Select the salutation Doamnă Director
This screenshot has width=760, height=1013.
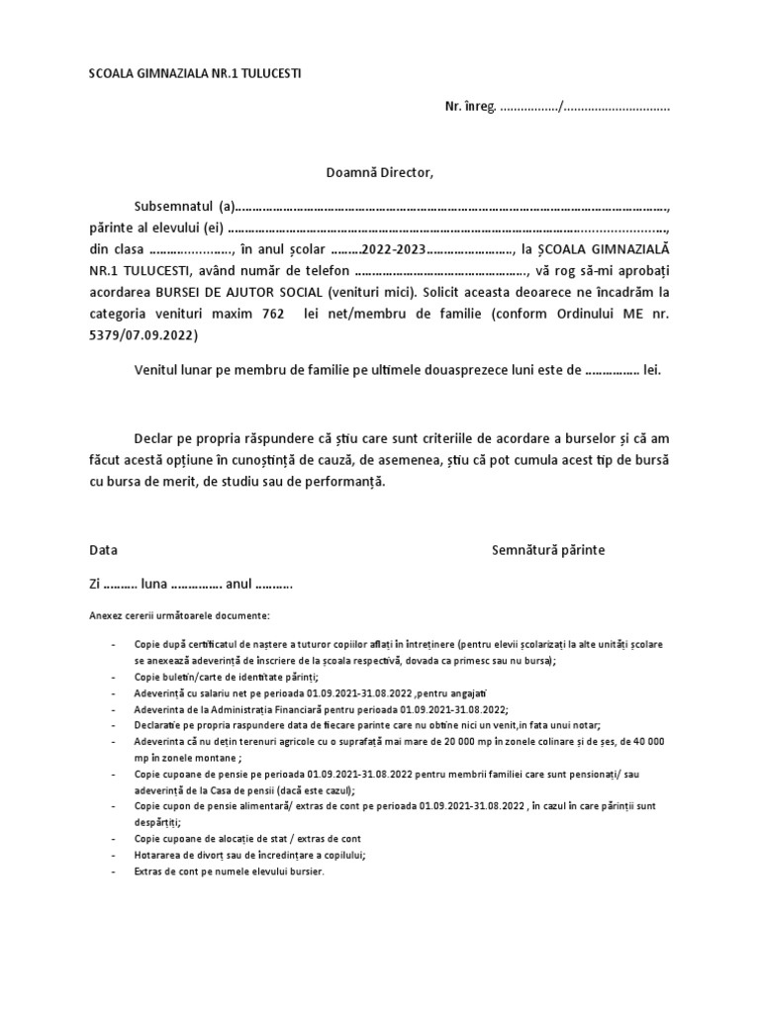(380, 173)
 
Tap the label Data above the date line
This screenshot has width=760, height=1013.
(103, 549)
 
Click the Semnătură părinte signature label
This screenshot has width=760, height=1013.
(548, 549)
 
